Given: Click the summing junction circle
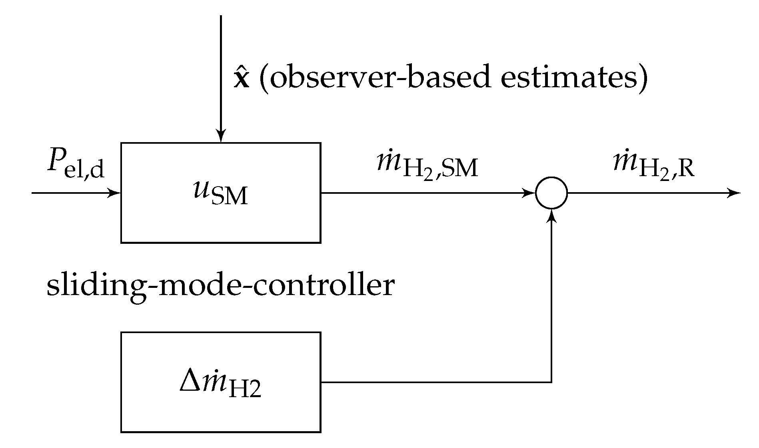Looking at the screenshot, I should point(551,193).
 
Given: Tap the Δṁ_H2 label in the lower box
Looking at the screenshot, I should point(220,383).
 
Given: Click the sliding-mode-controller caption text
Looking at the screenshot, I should point(220,286).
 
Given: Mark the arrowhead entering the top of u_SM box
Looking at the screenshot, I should point(221,137).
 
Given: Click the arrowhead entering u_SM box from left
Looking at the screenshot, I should point(116,193).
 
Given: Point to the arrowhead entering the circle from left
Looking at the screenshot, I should point(530,193).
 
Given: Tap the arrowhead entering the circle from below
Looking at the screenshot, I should point(552,215).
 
